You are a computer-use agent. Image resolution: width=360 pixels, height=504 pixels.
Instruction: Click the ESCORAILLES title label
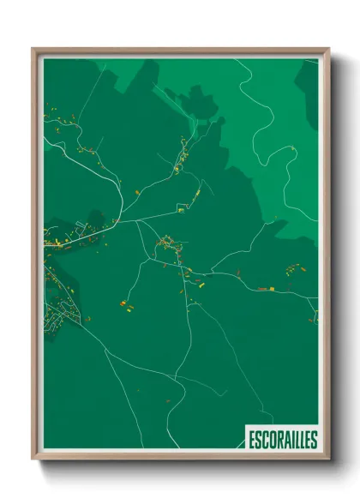[282, 440]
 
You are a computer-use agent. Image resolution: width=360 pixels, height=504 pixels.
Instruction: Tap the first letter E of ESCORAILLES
[252, 440]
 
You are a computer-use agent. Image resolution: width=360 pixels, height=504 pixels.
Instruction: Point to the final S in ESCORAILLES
[314, 440]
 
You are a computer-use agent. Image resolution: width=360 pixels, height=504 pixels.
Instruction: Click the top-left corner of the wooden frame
[33, 49]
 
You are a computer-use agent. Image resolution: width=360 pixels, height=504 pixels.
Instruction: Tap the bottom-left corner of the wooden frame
[33, 459]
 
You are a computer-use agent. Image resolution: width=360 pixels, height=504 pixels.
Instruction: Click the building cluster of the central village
[167, 247]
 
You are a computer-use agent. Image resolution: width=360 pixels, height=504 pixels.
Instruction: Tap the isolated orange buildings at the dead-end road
[126, 303]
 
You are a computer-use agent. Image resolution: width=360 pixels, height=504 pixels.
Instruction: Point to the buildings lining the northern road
[182, 154]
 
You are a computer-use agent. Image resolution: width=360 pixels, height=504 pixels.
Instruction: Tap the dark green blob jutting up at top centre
[202, 103]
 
